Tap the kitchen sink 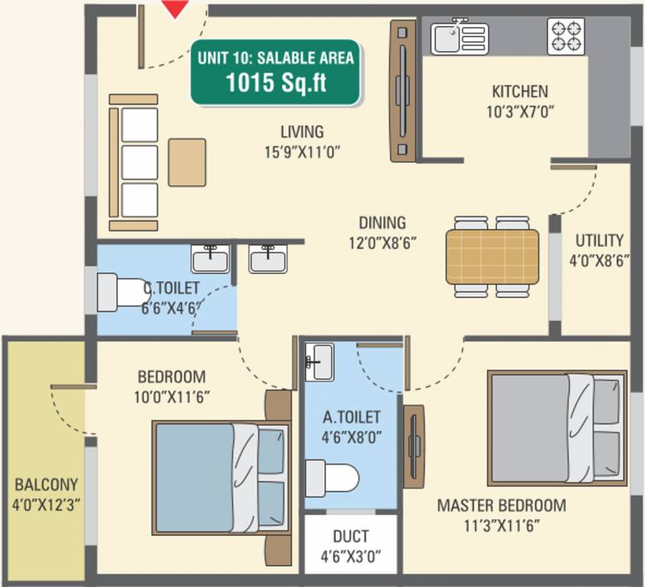click(459, 37)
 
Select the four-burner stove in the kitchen click(566, 36)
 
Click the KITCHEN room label click(519, 92)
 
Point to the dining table click(492, 256)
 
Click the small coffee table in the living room click(187, 162)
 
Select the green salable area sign click(276, 72)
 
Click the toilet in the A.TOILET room click(332, 478)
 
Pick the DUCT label click(350, 537)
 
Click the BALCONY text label click(46, 485)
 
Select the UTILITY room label click(599, 240)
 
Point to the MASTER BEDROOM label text click(501, 505)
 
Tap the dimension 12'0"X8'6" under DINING click(382, 243)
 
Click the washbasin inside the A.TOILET click(319, 360)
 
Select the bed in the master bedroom click(556, 427)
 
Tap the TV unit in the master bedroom click(414, 446)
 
